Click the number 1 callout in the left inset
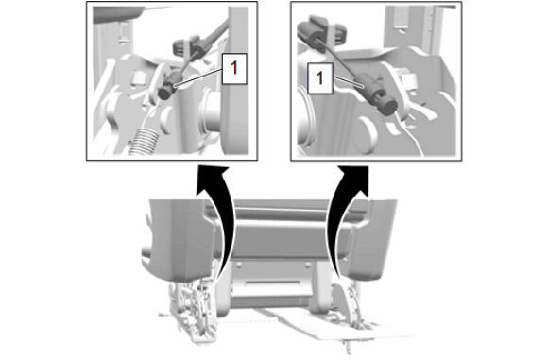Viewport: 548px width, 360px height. pyautogui.click(x=234, y=69)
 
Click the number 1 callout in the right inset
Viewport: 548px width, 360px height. pyautogui.click(x=319, y=78)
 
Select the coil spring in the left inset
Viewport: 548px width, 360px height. pyautogui.click(x=144, y=141)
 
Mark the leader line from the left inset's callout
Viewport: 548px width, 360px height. pyautogui.click(x=198, y=77)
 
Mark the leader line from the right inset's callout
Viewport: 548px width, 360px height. pyautogui.click(x=349, y=82)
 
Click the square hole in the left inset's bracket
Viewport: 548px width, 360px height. pyautogui.click(x=137, y=77)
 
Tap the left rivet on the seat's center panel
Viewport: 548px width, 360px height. pyautogui.click(x=239, y=266)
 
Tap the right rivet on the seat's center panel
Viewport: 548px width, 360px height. pyautogui.click(x=308, y=266)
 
